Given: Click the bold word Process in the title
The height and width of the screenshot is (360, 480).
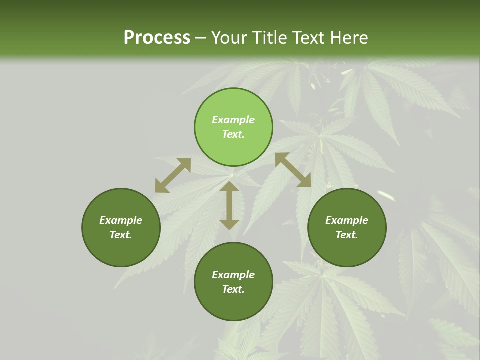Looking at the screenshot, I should click(x=157, y=38).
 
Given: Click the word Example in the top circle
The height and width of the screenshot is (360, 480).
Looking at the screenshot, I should click(x=233, y=120).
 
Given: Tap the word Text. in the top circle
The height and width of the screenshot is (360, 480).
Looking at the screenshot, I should click(x=233, y=134).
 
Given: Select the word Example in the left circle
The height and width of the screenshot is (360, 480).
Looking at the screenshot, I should click(x=121, y=220).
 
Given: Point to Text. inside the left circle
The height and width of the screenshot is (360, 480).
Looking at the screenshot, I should click(x=121, y=235).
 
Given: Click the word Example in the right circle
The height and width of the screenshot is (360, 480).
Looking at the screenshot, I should click(x=347, y=220).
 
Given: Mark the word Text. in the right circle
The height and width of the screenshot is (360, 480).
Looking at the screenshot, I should click(x=347, y=235).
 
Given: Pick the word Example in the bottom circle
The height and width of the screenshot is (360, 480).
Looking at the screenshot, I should click(x=233, y=275).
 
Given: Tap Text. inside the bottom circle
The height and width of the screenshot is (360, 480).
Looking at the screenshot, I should click(x=233, y=289).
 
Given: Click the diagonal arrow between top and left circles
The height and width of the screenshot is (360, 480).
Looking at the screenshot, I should click(x=173, y=175).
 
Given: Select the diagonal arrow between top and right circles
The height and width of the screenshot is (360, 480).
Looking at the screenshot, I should click(x=293, y=170).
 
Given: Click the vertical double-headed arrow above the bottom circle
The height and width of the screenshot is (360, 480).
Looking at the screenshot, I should click(x=229, y=205).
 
